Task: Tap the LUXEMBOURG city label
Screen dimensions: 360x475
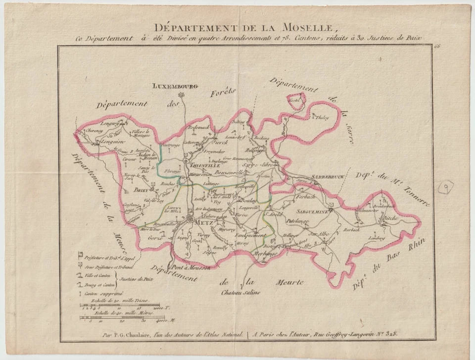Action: pos(175,86)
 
